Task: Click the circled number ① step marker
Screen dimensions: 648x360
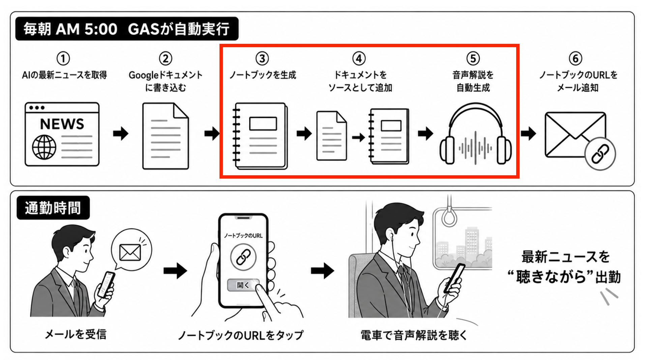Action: click(63, 58)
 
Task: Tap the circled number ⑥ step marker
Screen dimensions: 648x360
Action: click(576, 58)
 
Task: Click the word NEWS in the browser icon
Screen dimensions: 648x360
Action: click(62, 124)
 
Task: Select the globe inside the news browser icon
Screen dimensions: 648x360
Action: click(44, 147)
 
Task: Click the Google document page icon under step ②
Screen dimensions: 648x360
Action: click(166, 136)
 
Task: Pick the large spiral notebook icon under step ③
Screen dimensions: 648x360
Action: click(260, 136)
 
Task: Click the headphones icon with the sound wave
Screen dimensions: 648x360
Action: click(475, 134)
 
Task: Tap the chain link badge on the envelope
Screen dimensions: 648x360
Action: click(600, 154)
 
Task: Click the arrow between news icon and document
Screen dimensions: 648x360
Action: click(121, 133)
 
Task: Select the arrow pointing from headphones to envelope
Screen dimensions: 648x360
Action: click(528, 133)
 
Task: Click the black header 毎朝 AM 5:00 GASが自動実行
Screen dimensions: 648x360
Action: click(127, 29)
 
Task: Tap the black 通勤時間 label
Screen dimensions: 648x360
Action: click(53, 208)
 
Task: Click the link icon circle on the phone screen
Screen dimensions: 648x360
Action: click(243, 257)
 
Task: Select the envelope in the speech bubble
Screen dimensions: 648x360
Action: click(130, 252)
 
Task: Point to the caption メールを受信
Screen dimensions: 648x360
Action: click(76, 334)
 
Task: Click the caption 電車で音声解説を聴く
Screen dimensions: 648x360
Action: click(414, 335)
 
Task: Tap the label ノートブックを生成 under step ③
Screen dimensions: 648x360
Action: click(263, 75)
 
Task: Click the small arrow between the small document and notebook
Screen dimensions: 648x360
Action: click(358, 137)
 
